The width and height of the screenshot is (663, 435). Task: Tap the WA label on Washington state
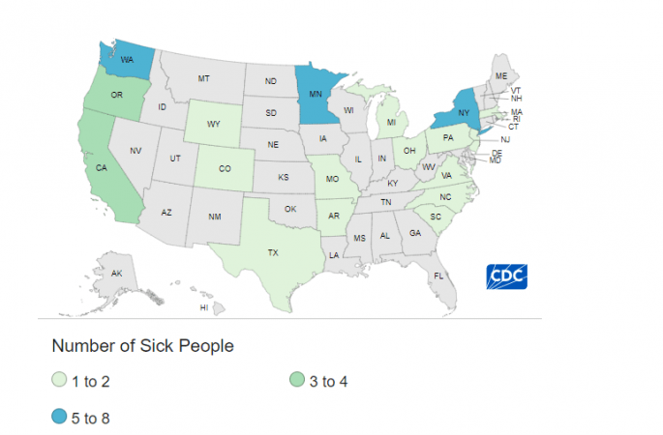point(126,60)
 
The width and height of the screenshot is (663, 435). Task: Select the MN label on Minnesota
point(314,94)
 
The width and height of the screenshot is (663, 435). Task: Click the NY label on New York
point(463,112)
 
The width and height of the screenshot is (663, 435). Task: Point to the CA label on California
point(101,166)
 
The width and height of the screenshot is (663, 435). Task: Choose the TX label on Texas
point(273,252)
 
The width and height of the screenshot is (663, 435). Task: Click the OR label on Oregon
point(116,95)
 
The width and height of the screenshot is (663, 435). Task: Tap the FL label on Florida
point(438,275)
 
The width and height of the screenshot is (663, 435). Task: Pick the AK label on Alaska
point(116,274)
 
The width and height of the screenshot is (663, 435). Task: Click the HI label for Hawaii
point(203,307)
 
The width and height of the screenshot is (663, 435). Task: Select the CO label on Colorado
point(225,167)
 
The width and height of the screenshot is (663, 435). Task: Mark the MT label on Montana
point(204,77)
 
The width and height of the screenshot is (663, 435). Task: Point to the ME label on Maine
point(500,74)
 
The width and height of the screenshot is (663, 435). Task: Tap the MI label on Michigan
point(392,123)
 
